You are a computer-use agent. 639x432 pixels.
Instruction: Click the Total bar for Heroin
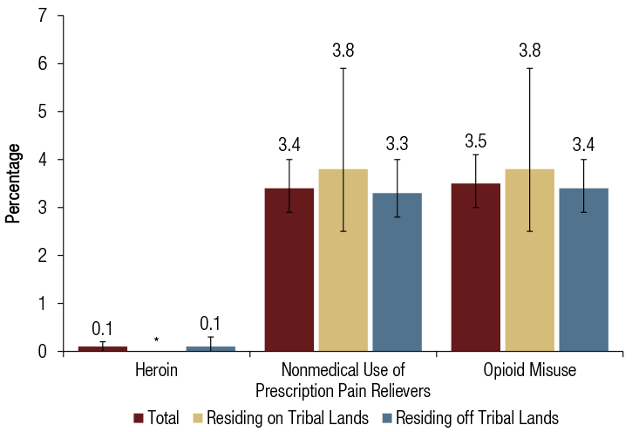102,348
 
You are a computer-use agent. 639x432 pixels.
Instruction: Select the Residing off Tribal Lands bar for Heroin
210,348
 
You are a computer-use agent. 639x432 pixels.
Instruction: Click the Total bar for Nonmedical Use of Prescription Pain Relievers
289,270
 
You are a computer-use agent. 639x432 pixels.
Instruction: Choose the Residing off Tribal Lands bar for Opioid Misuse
583,270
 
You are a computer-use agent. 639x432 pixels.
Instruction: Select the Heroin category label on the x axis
156,370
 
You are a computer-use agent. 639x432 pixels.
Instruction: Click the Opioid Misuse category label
529,370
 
